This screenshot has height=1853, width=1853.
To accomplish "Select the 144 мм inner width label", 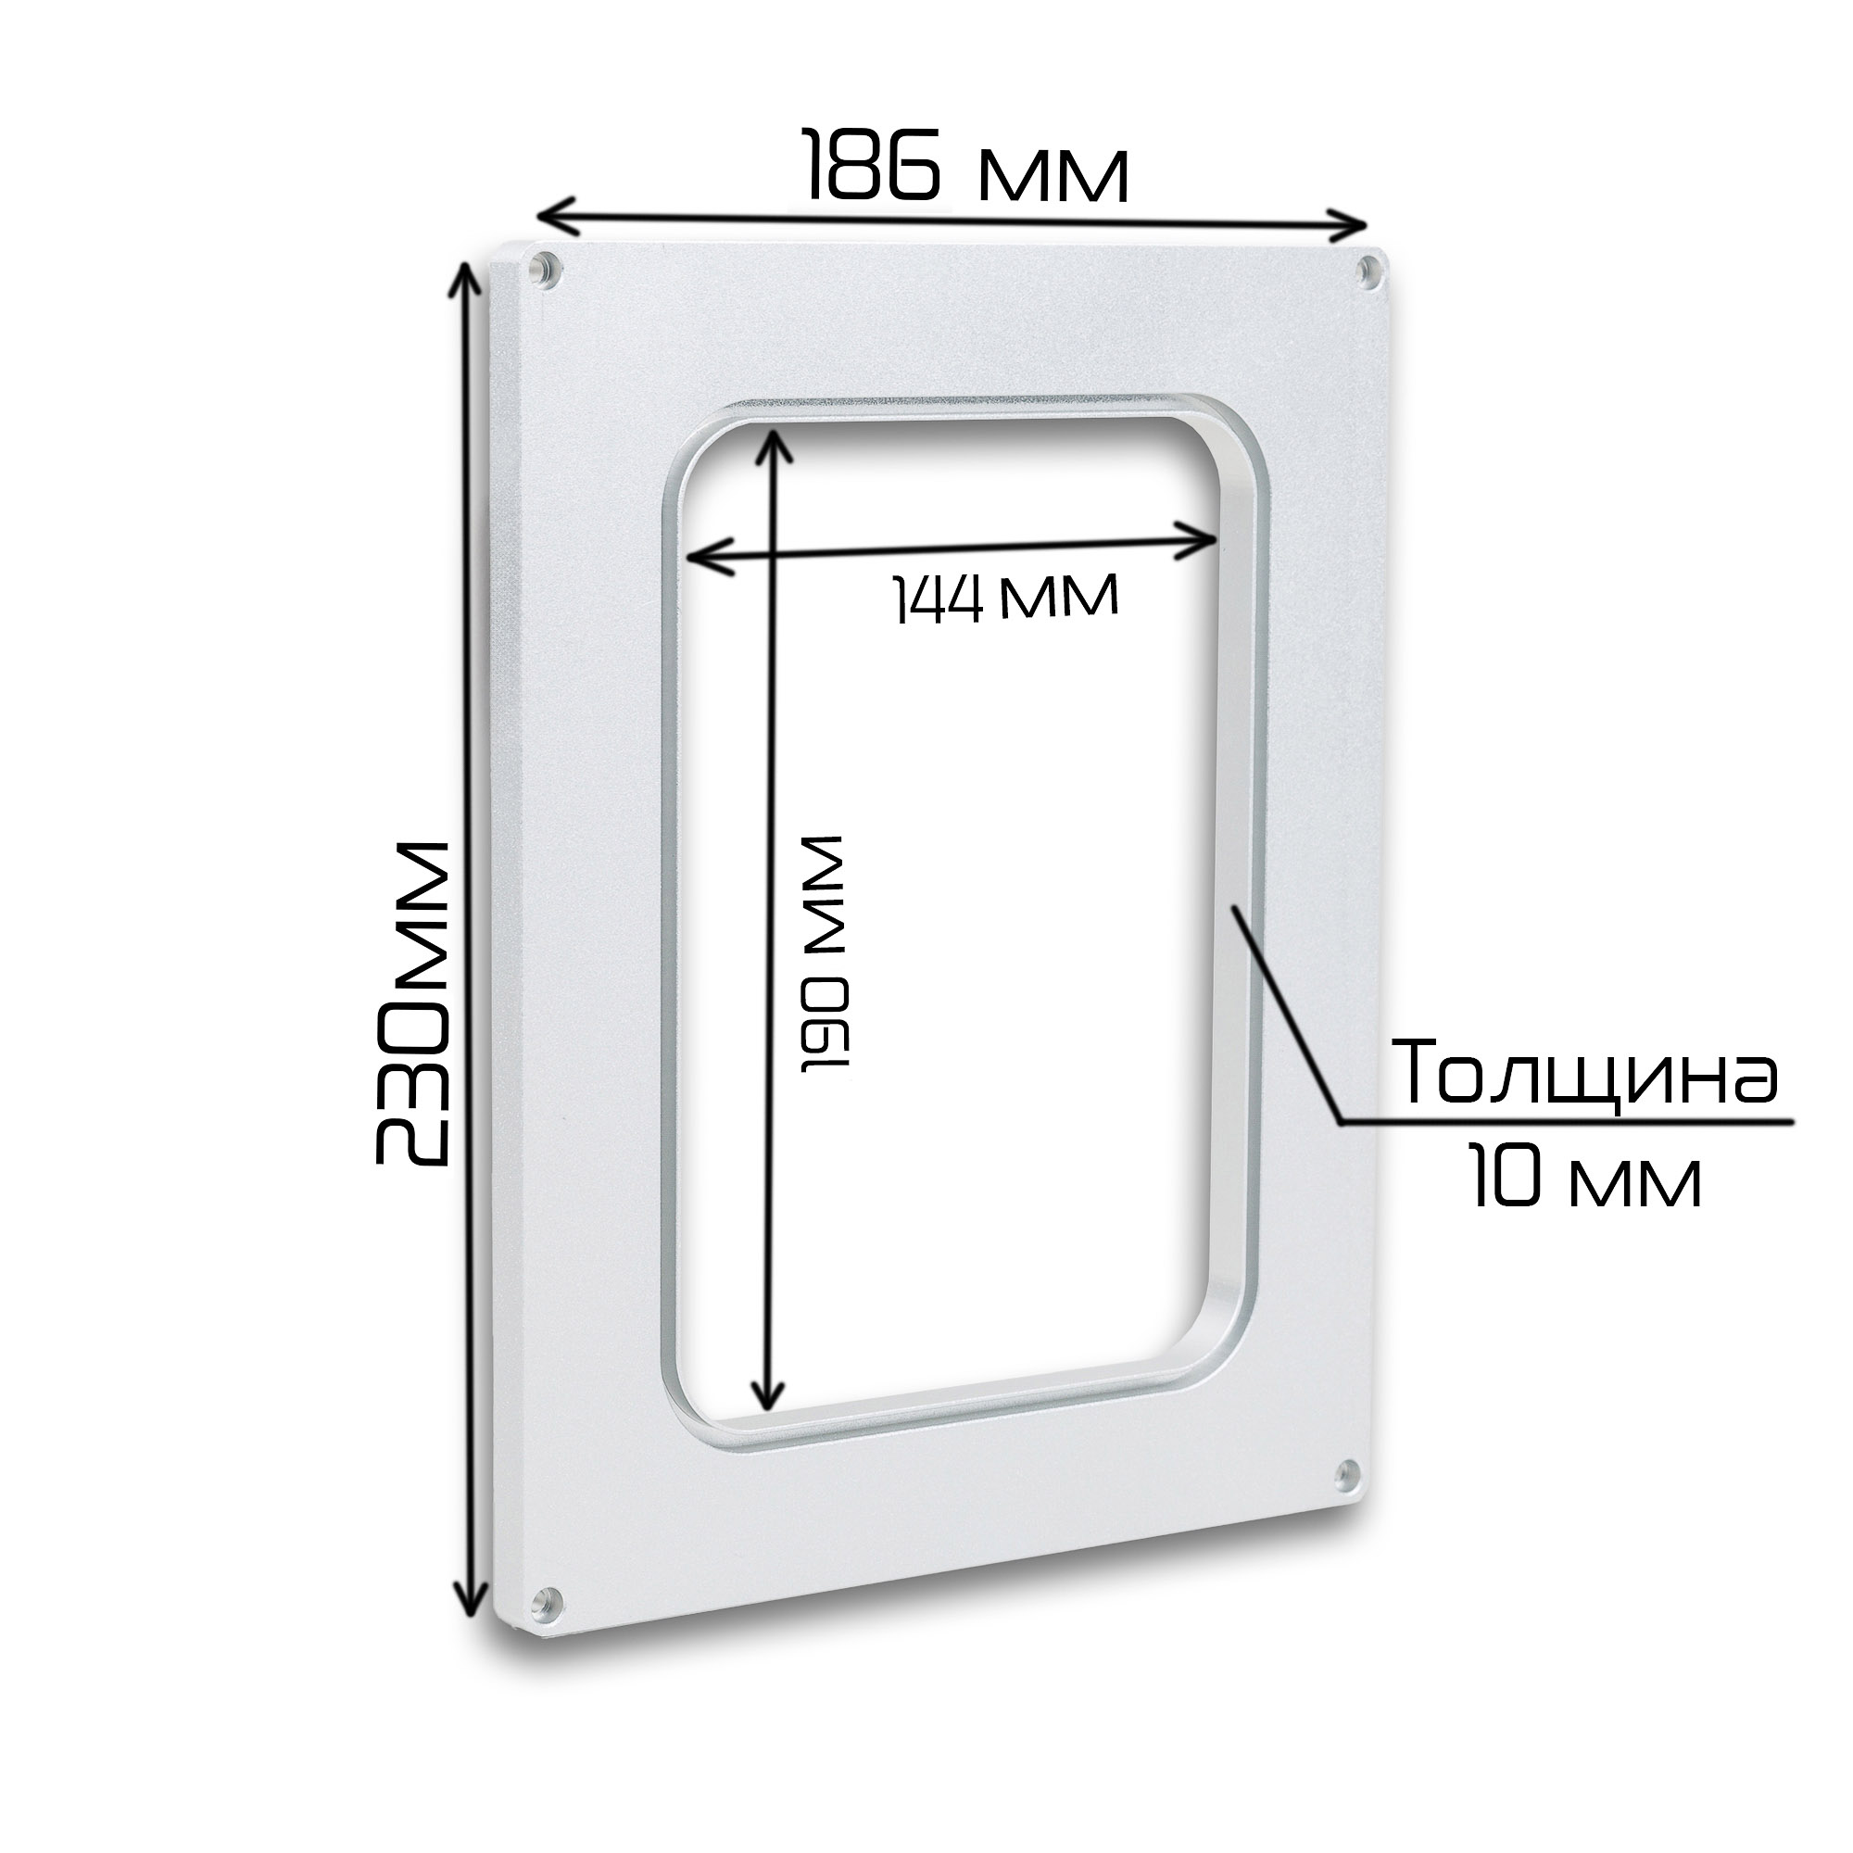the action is (1006, 599).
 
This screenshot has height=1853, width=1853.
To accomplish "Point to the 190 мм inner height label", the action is (824, 953).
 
